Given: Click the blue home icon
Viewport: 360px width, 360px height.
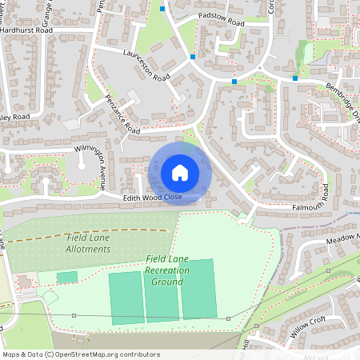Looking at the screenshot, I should [180, 173].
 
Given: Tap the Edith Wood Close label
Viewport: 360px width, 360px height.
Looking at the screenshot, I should [153, 197].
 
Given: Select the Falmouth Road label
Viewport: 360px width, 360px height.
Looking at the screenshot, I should [300, 206].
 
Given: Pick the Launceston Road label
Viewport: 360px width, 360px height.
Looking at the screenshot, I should [147, 66].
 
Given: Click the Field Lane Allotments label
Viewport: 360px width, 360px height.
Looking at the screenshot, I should [87, 243].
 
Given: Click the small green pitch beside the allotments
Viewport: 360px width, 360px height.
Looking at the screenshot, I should [67, 277].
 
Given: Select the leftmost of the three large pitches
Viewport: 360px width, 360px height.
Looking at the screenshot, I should [126, 298].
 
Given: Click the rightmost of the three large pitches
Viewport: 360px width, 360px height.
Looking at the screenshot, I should [198, 288].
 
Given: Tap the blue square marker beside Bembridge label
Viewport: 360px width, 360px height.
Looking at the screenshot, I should [295, 78].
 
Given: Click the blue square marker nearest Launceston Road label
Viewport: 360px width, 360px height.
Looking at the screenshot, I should [193, 57].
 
